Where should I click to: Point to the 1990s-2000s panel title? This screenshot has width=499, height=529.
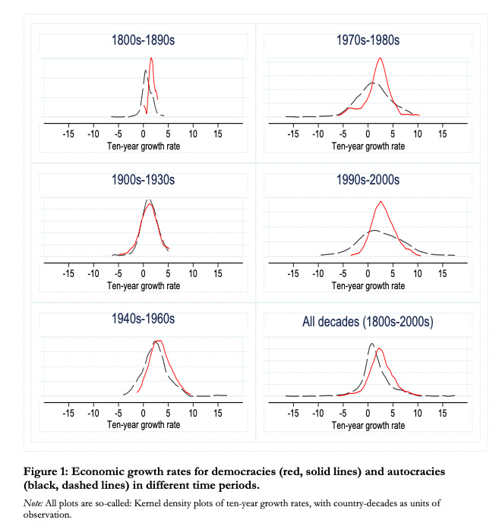[x=368, y=180]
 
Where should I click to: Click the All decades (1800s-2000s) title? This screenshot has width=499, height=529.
[x=368, y=322]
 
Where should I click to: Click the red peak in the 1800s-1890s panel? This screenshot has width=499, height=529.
[x=152, y=58]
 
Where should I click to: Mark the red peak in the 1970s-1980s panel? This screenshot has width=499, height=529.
[x=380, y=58]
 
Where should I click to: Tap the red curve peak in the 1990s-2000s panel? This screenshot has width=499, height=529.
[x=381, y=202]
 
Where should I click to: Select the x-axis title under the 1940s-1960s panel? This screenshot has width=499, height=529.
[x=143, y=425]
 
